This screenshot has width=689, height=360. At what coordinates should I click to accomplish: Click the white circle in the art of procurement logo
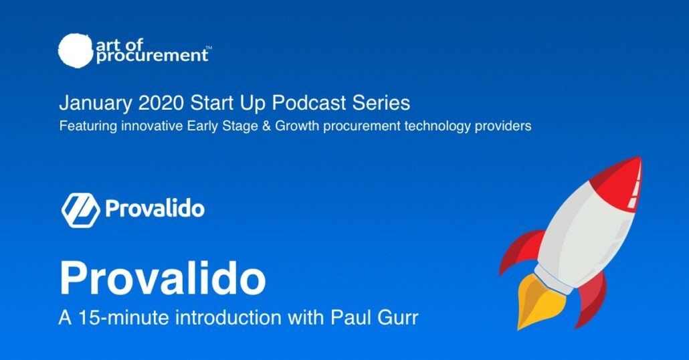[76, 51]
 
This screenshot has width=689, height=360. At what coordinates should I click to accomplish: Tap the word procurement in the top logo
[152, 56]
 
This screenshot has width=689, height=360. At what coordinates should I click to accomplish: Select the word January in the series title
[96, 104]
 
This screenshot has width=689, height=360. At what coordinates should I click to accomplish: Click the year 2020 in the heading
[161, 103]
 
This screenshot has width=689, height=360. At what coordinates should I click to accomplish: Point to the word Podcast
[309, 103]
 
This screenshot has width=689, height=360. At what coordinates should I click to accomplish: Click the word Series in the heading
[381, 103]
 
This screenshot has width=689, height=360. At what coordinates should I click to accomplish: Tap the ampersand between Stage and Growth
[266, 126]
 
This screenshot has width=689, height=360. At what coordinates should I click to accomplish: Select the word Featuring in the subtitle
[88, 126]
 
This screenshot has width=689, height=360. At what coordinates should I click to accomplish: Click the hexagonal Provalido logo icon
[80, 210]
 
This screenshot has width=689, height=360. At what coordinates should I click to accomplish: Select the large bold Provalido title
[163, 278]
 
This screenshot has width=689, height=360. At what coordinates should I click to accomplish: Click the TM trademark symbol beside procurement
[209, 48]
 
